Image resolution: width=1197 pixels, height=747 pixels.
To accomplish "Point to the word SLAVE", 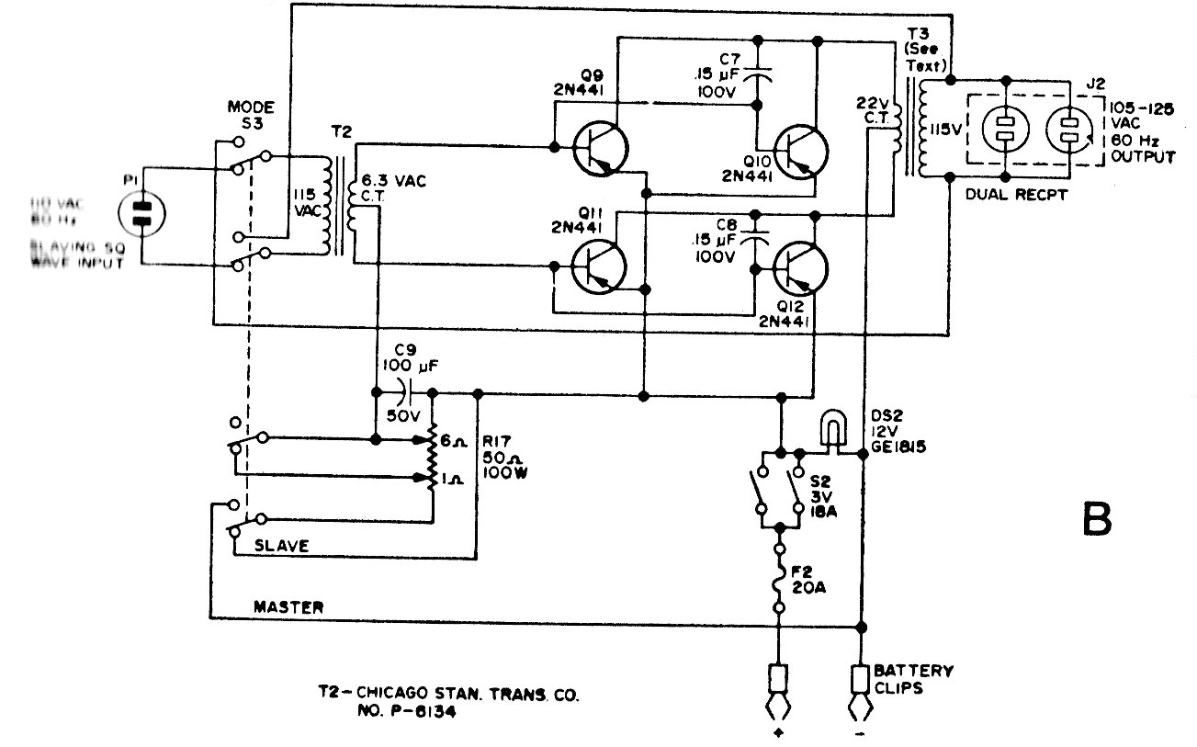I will pyautogui.click(x=277, y=546).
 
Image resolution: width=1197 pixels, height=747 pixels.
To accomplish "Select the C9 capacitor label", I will pyautogui.click(x=401, y=350).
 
